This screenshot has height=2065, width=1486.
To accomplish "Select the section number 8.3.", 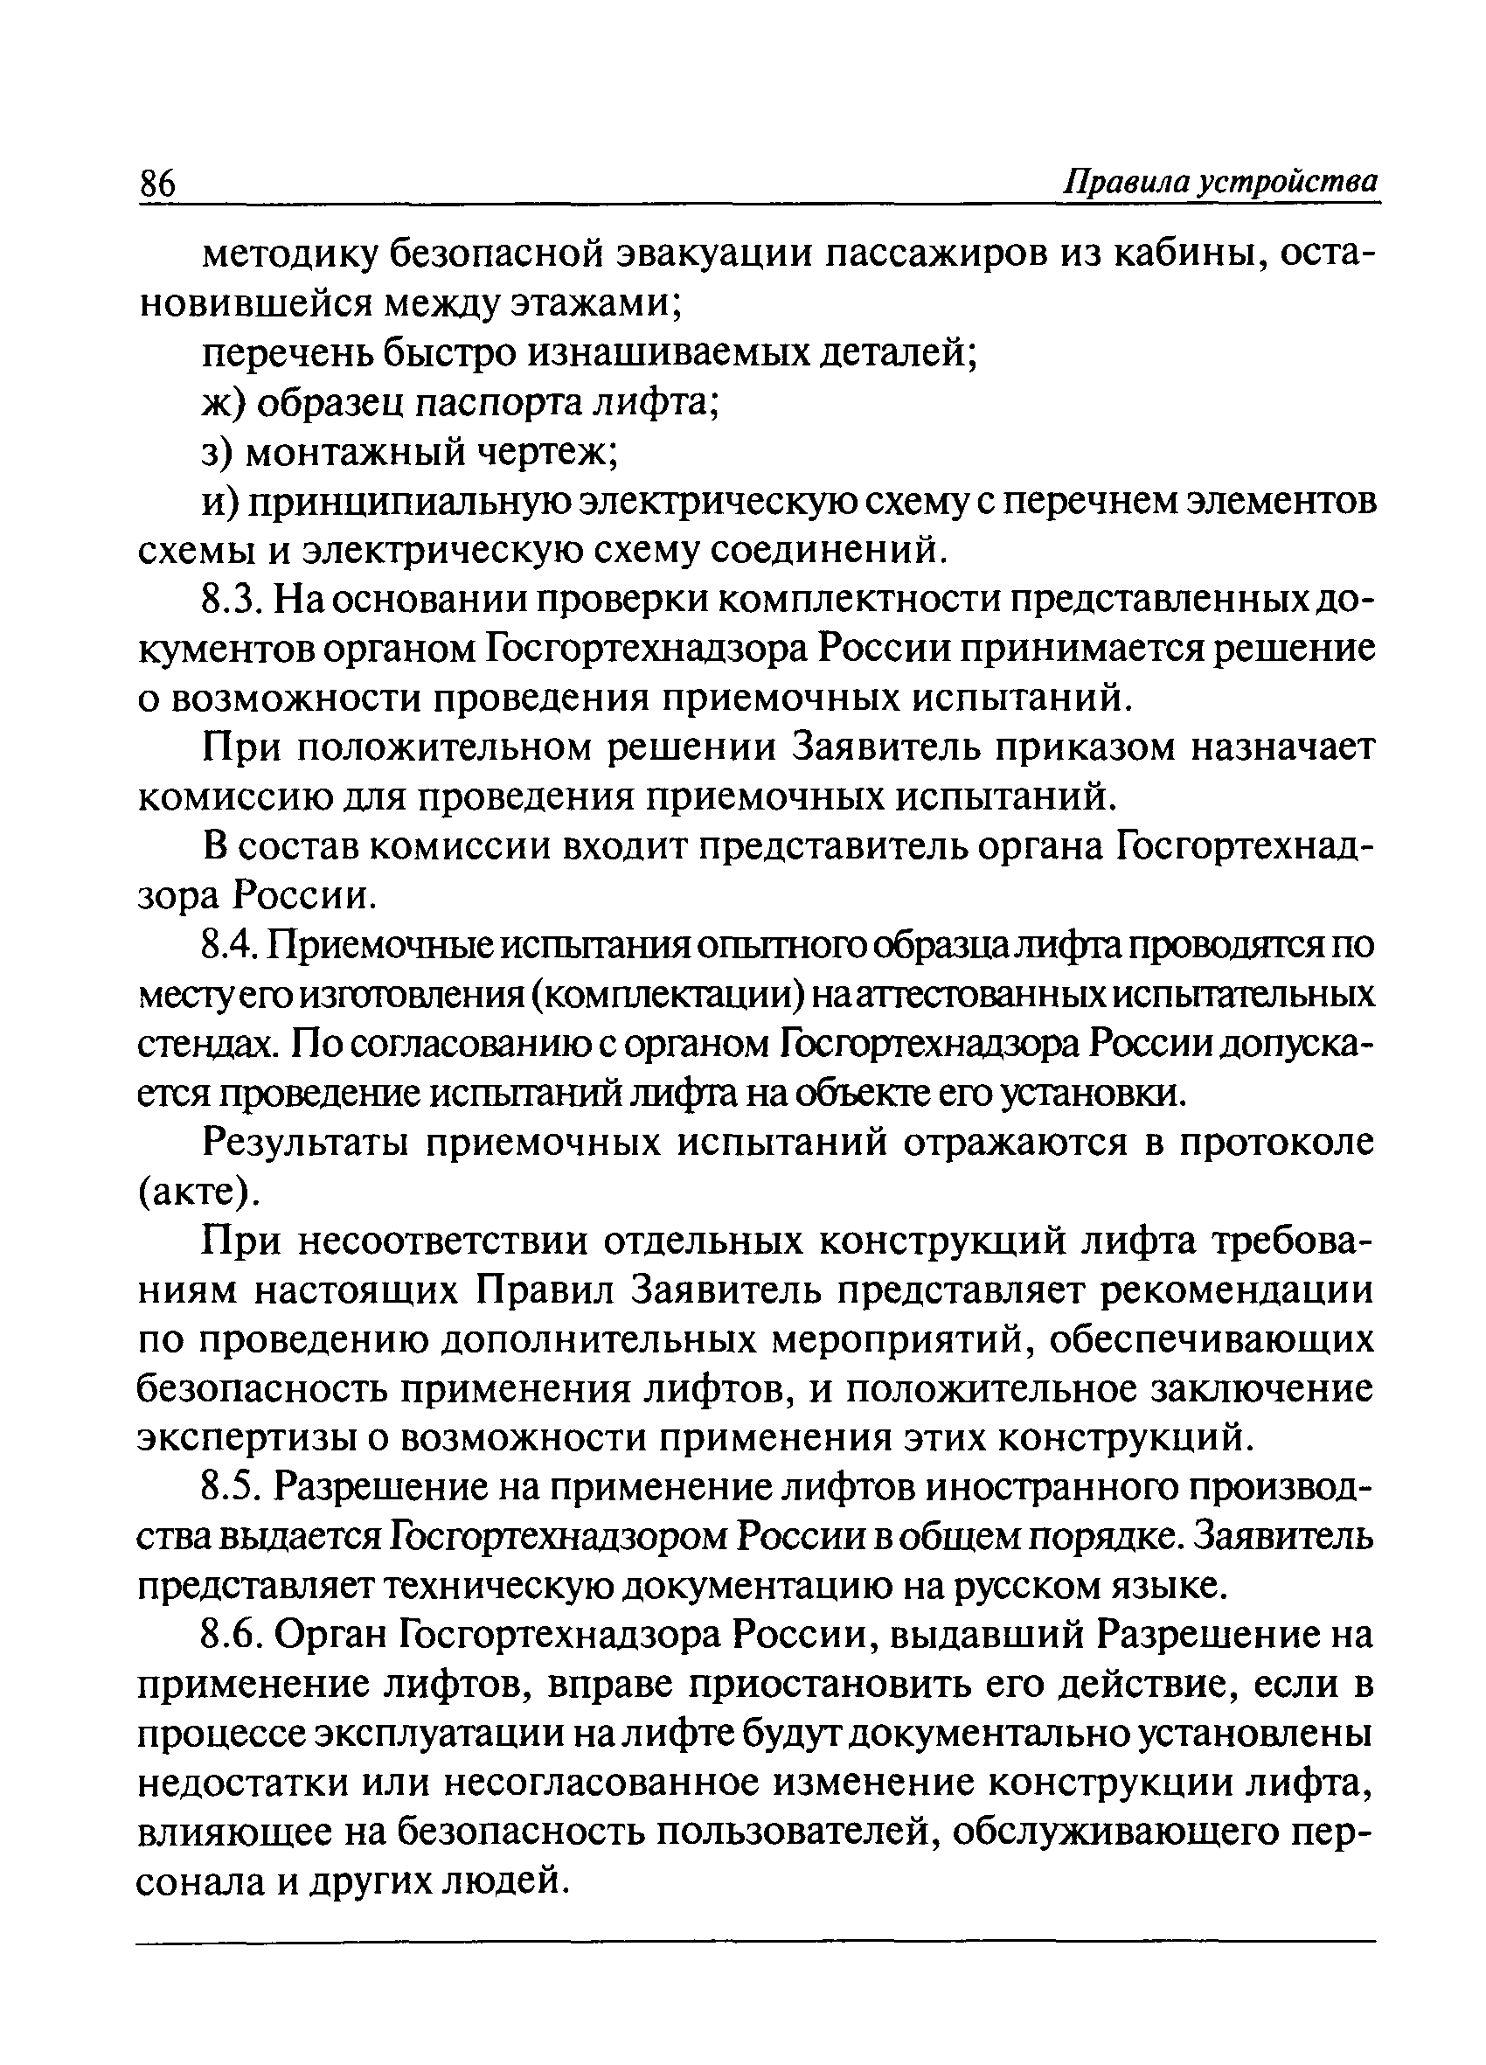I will point(233,600).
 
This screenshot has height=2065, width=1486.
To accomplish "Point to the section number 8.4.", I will point(233,946).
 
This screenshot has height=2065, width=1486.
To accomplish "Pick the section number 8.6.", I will point(233,1635).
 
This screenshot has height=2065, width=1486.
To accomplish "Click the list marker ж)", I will point(223,402).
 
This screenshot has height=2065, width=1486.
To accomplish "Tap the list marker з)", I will point(218,452).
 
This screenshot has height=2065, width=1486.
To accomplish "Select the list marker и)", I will point(219,502).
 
